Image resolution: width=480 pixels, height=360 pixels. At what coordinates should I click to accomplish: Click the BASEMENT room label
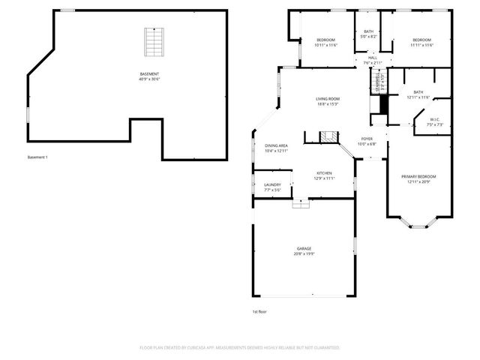click(149, 73)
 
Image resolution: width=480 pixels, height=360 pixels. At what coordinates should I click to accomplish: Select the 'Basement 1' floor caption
click(37, 157)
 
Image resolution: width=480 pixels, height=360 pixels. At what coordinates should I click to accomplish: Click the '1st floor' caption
click(259, 311)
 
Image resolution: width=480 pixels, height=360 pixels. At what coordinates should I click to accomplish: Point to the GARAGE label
click(304, 248)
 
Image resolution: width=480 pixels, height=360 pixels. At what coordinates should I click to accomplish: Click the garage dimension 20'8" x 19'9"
click(304, 253)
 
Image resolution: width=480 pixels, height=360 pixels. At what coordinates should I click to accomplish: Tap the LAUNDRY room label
click(272, 184)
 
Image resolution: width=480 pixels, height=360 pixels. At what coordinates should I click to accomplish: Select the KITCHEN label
click(324, 173)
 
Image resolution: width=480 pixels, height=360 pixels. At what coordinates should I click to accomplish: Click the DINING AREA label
click(276, 145)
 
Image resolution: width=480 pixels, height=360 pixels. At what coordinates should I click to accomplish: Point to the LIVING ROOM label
click(328, 99)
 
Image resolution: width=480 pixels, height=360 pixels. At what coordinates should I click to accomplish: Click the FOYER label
click(367, 139)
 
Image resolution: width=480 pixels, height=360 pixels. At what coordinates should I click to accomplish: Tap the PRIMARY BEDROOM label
click(421, 176)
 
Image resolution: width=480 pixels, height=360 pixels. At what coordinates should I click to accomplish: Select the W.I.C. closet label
click(435, 120)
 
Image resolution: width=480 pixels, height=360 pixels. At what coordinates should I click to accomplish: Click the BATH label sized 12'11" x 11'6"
click(418, 92)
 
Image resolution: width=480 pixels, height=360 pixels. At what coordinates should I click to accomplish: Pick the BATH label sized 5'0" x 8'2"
click(369, 31)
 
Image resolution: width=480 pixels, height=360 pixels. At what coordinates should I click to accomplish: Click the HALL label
click(372, 57)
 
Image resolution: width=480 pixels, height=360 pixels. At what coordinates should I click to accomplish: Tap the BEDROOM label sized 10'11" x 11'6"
click(325, 40)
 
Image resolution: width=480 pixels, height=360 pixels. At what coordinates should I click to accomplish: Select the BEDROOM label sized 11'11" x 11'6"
click(421, 40)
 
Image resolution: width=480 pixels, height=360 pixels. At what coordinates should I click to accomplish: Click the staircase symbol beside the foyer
click(326, 136)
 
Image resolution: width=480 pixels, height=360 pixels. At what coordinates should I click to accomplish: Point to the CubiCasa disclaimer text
click(240, 348)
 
